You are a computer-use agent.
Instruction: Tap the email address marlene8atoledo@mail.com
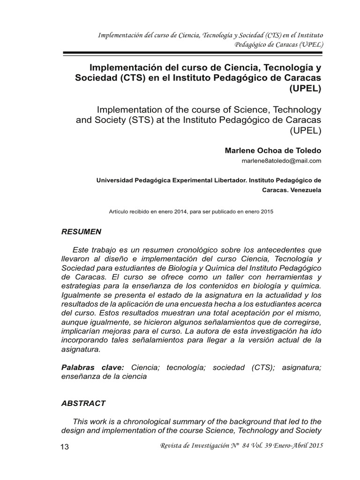point(281,161)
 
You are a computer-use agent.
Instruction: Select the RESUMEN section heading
point(81,232)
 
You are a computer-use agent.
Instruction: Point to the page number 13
point(65,447)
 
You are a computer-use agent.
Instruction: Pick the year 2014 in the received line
point(180,211)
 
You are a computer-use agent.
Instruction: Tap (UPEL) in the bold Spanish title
point(306,88)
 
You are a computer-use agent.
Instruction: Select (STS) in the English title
point(147,120)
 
